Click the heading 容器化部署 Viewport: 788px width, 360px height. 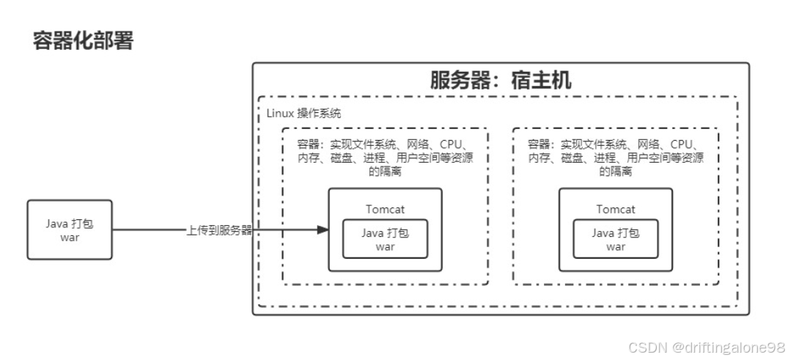coord(83,40)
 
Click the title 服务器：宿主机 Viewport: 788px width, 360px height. coord(501,80)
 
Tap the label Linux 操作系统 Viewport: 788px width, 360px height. coord(303,114)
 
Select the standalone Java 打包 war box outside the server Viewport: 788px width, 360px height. coord(70,229)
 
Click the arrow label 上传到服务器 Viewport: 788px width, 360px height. coord(218,230)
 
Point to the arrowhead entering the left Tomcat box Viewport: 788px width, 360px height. coord(323,230)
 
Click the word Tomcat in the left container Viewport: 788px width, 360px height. coord(385,209)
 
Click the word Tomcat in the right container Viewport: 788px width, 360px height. coord(616,209)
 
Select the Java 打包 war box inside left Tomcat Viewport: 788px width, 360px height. coord(385,239)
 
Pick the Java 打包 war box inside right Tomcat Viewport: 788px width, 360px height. coord(616,239)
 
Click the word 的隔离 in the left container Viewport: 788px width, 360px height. coord(385,172)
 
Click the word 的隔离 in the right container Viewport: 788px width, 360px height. coord(616,172)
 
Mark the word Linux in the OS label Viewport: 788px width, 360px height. coord(279,114)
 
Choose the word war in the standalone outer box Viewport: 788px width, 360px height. coord(70,238)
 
